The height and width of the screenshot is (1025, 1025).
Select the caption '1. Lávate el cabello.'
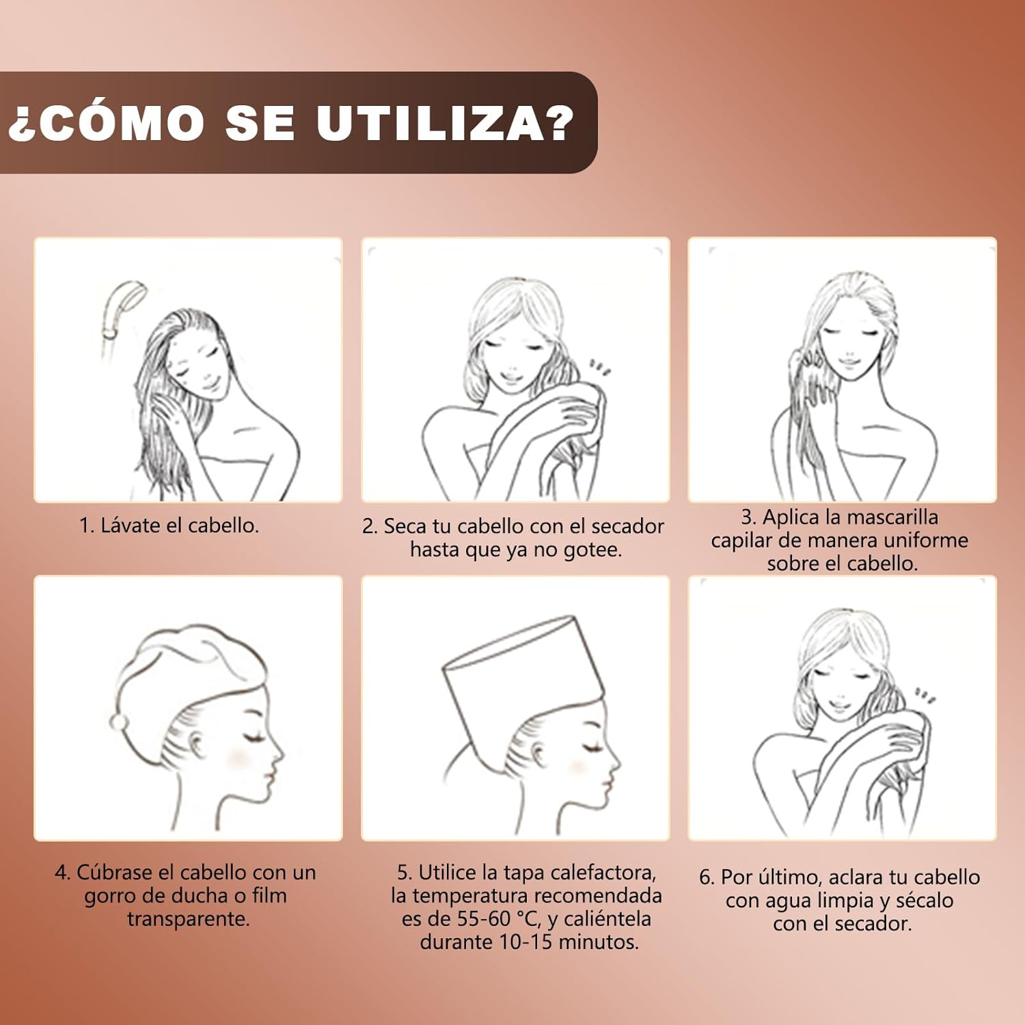click(x=169, y=525)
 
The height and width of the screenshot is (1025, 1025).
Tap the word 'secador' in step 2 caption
click(x=627, y=526)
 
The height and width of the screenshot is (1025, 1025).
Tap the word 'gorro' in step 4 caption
click(x=112, y=896)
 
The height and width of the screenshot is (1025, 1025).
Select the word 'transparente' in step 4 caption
click(x=188, y=919)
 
